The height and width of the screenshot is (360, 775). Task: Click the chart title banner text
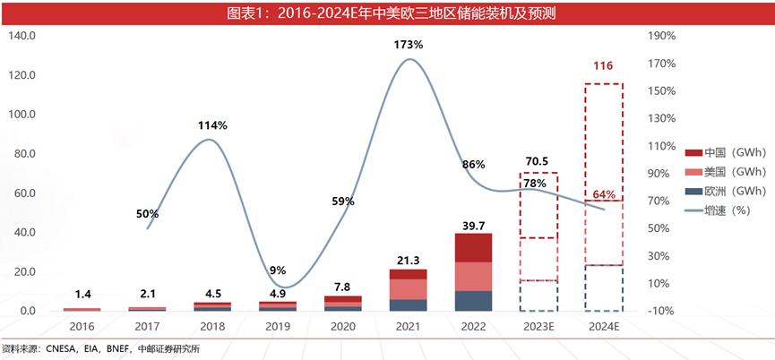pos(386,13)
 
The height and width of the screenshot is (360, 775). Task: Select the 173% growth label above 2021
pos(408,44)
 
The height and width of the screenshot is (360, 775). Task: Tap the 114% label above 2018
pos(212,125)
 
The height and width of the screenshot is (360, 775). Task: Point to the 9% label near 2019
pos(277,270)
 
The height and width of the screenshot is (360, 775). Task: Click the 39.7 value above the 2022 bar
pos(473,223)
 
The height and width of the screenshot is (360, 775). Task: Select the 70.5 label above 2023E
pos(537,162)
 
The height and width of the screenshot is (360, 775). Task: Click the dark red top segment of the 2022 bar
pos(473,248)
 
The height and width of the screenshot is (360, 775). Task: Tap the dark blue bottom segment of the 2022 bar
pos(473,301)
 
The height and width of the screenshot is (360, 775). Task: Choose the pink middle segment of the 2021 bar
pos(408,289)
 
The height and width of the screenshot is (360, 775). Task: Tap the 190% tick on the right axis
pos(660,36)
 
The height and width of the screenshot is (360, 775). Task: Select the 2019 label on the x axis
pos(277,327)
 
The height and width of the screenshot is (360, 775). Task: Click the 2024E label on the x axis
pos(603,327)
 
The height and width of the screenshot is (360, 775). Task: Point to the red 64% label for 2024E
pos(603,194)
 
